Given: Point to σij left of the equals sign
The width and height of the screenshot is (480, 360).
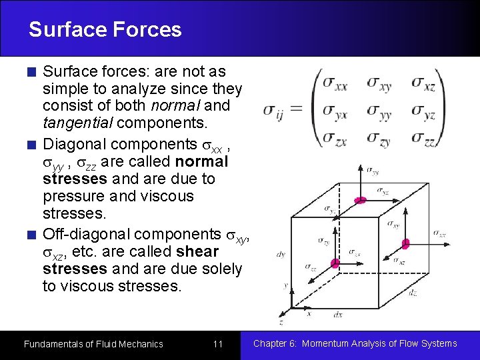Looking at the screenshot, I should point(273,111).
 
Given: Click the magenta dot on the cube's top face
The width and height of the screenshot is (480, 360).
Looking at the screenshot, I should point(360,200).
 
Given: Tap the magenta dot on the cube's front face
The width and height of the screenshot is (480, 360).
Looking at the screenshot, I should point(335,264).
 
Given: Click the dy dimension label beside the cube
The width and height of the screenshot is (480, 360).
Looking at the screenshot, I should point(281,254).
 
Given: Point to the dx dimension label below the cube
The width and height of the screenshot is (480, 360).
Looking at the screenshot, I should point(338,313).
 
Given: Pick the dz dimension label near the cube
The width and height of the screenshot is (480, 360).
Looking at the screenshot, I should point(414,291).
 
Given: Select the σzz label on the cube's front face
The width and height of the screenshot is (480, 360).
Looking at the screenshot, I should point(311,267).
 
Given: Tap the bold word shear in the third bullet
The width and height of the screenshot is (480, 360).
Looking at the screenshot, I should point(197,252).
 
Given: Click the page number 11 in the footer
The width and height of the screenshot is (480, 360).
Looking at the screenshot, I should point(217,344).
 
